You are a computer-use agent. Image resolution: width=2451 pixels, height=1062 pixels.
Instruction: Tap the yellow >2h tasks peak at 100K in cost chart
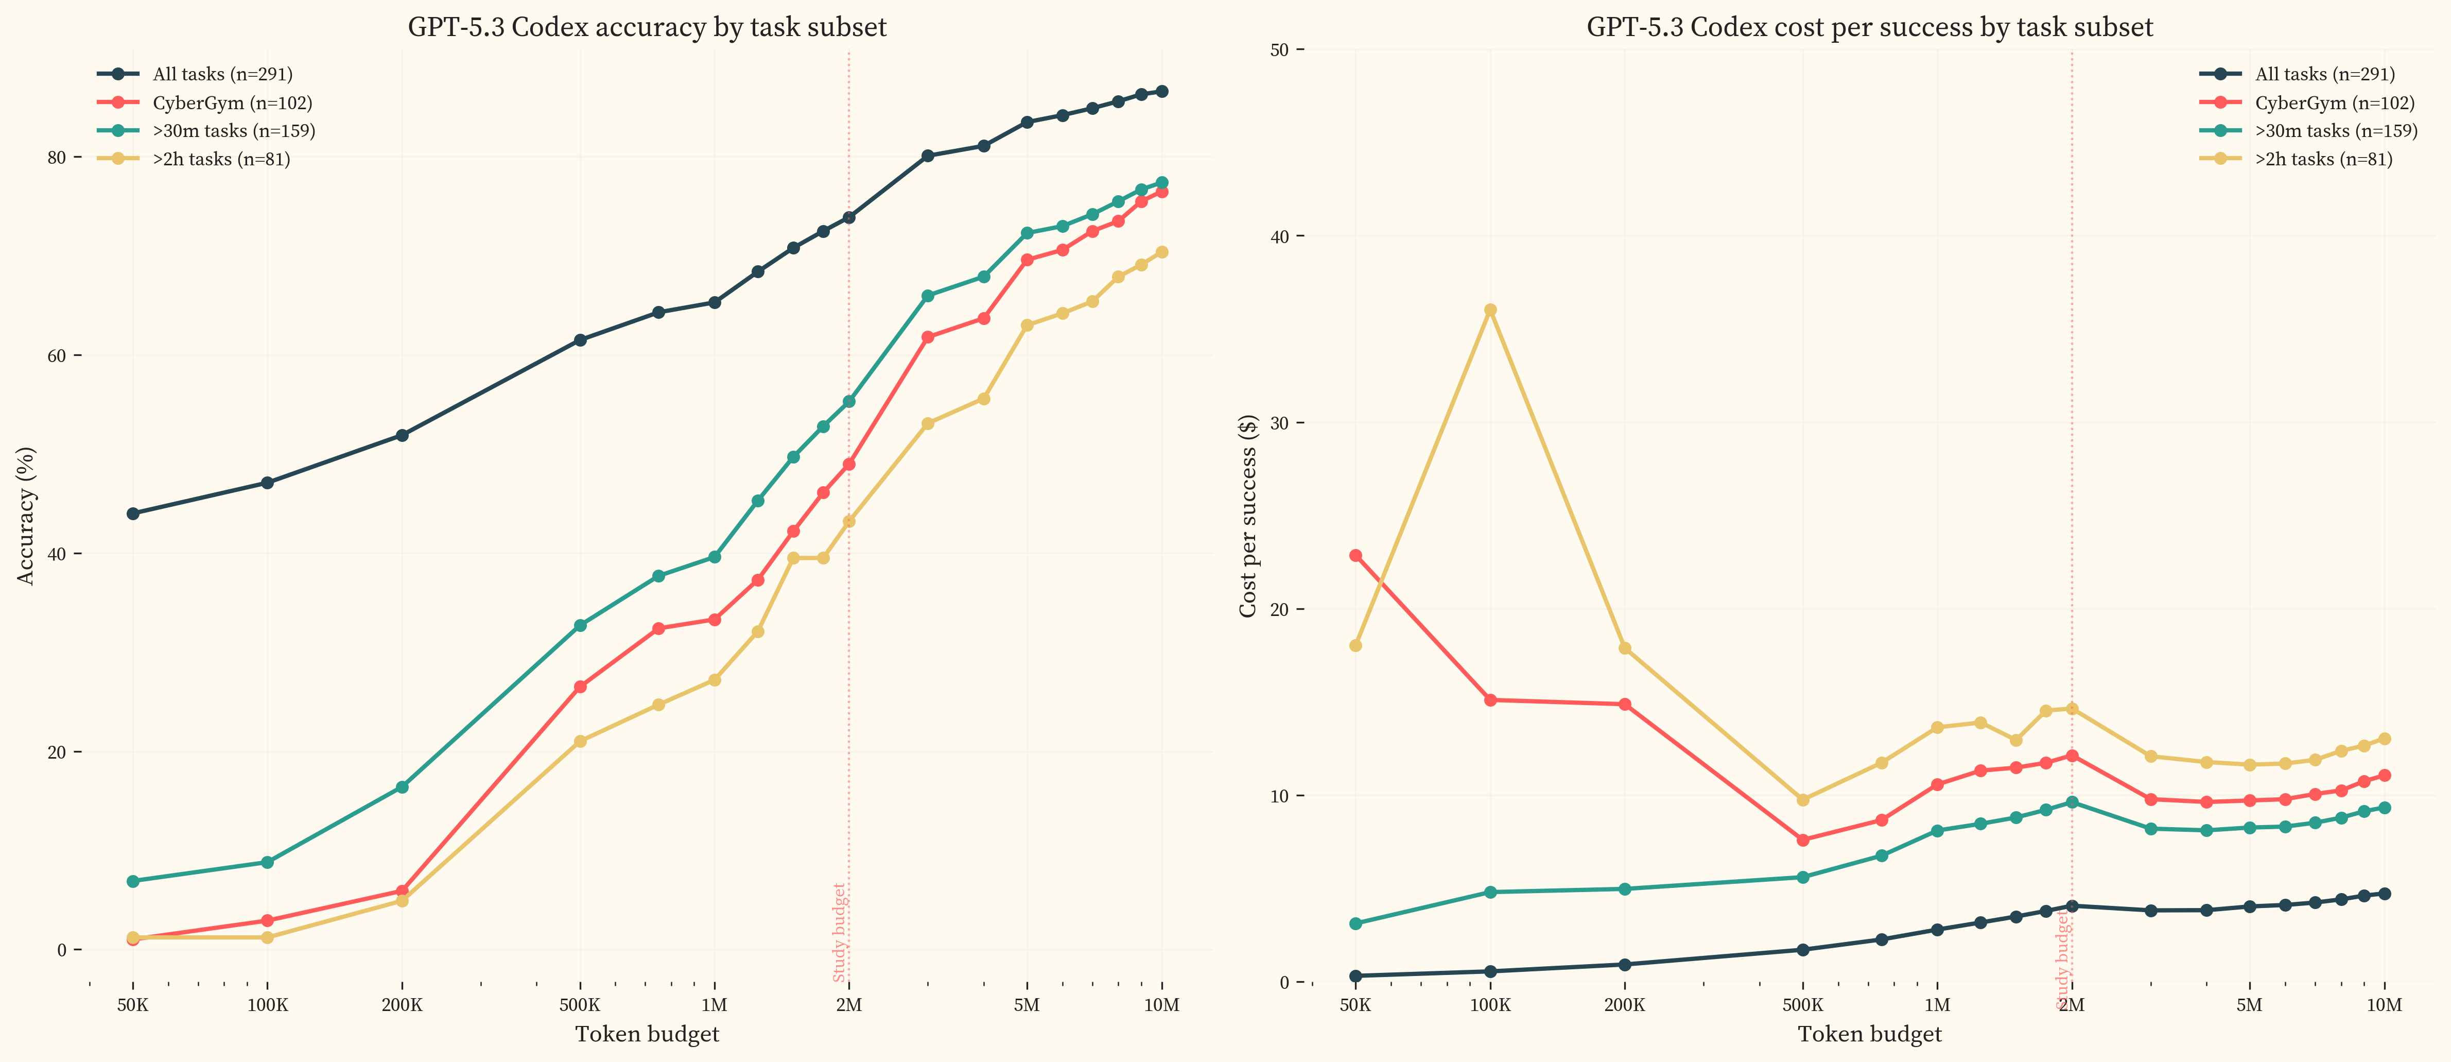tap(1490, 310)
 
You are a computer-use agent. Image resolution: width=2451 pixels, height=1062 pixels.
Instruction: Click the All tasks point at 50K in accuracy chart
tap(133, 514)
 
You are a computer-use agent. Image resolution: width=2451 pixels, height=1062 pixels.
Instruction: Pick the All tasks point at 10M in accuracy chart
tap(1162, 91)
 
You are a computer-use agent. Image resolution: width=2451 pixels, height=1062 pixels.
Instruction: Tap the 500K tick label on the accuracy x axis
tap(580, 1005)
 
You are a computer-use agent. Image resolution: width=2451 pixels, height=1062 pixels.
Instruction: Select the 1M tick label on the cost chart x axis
tap(1937, 1005)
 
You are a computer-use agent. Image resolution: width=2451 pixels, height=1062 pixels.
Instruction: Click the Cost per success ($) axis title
tap(1247, 515)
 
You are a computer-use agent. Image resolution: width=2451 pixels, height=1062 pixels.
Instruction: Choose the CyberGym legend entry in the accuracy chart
tap(232, 103)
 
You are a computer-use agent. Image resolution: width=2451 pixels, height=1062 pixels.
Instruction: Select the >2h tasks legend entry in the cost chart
tap(2322, 159)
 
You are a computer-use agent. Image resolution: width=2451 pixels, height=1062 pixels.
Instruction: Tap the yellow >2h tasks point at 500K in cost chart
tap(1802, 800)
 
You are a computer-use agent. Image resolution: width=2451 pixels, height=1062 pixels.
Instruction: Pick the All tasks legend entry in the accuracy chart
tap(222, 74)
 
